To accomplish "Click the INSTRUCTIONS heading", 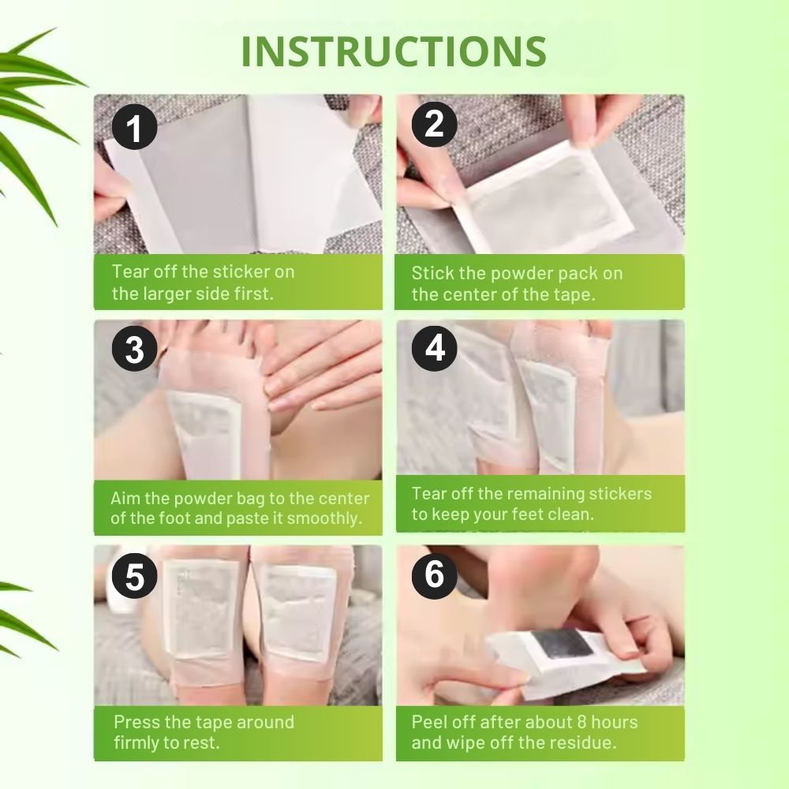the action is [x=394, y=51].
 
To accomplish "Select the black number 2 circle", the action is [x=434, y=125].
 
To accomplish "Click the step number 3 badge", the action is [x=134, y=349].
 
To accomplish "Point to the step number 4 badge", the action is [x=434, y=348].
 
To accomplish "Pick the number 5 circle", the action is [x=134, y=576].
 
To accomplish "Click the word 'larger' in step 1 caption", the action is [x=166, y=294].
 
